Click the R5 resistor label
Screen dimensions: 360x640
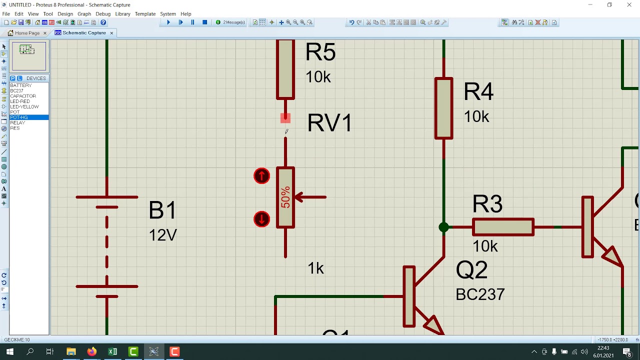(x=320, y=52)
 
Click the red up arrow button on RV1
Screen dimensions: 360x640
(x=261, y=176)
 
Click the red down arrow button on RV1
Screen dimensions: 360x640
(x=261, y=219)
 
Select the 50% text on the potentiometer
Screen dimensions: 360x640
(x=285, y=197)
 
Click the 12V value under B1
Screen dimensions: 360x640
(x=162, y=235)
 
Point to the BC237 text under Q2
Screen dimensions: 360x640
(x=480, y=294)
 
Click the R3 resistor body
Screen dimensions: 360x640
(x=503, y=227)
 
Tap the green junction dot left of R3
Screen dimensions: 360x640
(x=443, y=227)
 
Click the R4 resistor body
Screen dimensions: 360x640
(x=444, y=108)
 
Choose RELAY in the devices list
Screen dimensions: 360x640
(x=17, y=123)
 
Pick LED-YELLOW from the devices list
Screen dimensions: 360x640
(x=24, y=107)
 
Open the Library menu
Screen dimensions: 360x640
(x=122, y=14)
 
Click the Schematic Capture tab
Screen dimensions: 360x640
(x=83, y=33)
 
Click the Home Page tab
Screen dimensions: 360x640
(x=27, y=33)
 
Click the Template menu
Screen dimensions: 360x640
(x=145, y=14)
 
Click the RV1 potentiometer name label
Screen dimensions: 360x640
(x=329, y=123)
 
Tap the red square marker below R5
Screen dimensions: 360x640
(x=285, y=118)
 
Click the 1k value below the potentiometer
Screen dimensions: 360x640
(x=315, y=268)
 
